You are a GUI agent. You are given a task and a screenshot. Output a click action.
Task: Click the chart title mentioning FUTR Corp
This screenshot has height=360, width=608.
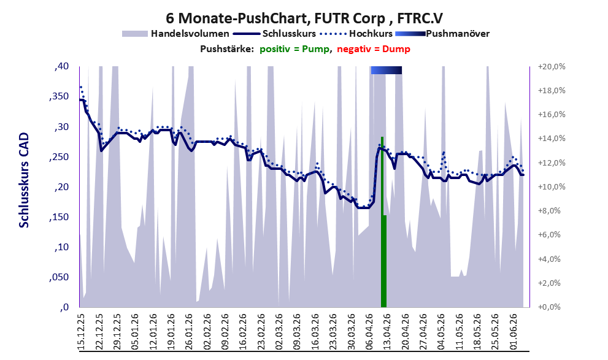[304, 18]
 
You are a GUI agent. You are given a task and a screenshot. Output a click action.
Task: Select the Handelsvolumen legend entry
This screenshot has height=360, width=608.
[175, 34]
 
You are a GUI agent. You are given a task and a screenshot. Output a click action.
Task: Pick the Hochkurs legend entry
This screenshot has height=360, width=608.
[356, 34]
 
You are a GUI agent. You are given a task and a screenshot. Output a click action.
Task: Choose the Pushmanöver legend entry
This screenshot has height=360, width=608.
[442, 34]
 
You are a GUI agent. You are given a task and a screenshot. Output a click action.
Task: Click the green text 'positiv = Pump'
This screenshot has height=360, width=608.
[295, 49]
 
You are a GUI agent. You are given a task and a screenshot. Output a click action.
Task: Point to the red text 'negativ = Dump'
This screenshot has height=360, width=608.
[374, 49]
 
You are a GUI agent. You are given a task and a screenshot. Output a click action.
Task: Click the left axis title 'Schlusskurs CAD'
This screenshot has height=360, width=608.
[24, 180]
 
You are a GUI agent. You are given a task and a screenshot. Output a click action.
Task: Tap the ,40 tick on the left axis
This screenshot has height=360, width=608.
[61, 66]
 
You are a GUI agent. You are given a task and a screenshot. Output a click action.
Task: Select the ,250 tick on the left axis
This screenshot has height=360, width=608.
[59, 156]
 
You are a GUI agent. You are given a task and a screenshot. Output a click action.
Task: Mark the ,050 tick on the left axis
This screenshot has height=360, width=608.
[59, 277]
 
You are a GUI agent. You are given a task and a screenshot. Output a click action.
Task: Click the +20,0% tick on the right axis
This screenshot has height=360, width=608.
[552, 67]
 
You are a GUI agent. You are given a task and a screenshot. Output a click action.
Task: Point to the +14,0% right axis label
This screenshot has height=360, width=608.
[552, 139]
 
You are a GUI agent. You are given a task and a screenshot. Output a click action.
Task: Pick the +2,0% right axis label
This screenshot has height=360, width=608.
[549, 283]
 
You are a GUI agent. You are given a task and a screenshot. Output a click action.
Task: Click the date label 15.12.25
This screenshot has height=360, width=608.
[82, 332]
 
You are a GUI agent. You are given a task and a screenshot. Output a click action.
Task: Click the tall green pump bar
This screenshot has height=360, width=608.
[382, 221]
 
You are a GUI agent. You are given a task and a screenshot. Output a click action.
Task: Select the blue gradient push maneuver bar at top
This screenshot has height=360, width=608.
[386, 70]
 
